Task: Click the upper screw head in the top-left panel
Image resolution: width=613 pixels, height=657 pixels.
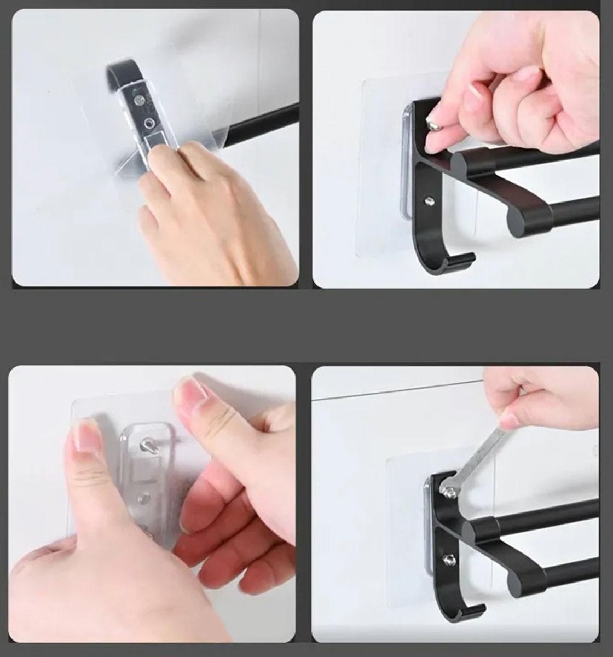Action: pyautogui.click(x=141, y=100)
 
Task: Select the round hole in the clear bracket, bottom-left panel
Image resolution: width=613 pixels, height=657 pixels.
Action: pyautogui.click(x=145, y=498)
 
